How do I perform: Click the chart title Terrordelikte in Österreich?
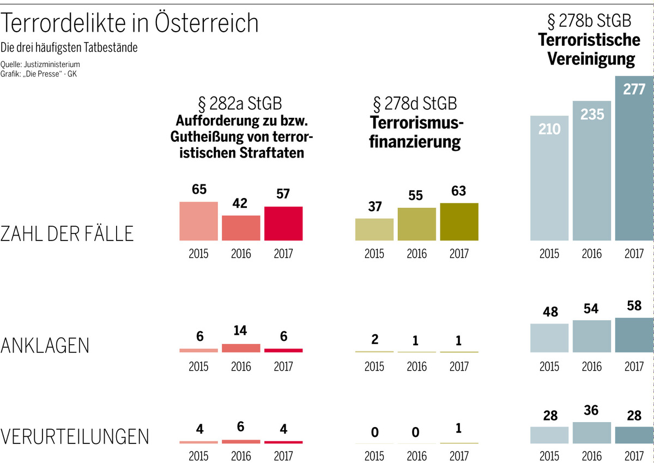pyautogui.click(x=130, y=23)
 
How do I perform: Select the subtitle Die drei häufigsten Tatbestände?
pyautogui.click(x=69, y=48)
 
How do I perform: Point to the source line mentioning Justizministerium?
pyautogui.click(x=41, y=64)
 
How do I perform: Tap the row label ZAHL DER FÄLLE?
pyautogui.click(x=67, y=233)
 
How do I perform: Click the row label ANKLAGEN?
pyautogui.click(x=45, y=345)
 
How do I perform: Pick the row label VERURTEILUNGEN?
pyautogui.click(x=75, y=437)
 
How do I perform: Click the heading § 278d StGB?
pyautogui.click(x=415, y=103)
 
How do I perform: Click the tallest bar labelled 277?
pyautogui.click(x=634, y=164)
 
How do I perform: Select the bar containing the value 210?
pyautogui.click(x=549, y=180)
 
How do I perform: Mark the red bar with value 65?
pyautogui.click(x=198, y=221)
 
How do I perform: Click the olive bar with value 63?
pyautogui.click(x=459, y=221)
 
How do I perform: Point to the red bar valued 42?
pyautogui.click(x=241, y=227)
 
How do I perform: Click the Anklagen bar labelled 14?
pyautogui.click(x=241, y=348)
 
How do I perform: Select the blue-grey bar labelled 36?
pyautogui.click(x=592, y=432)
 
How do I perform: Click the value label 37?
pyautogui.click(x=374, y=207)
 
